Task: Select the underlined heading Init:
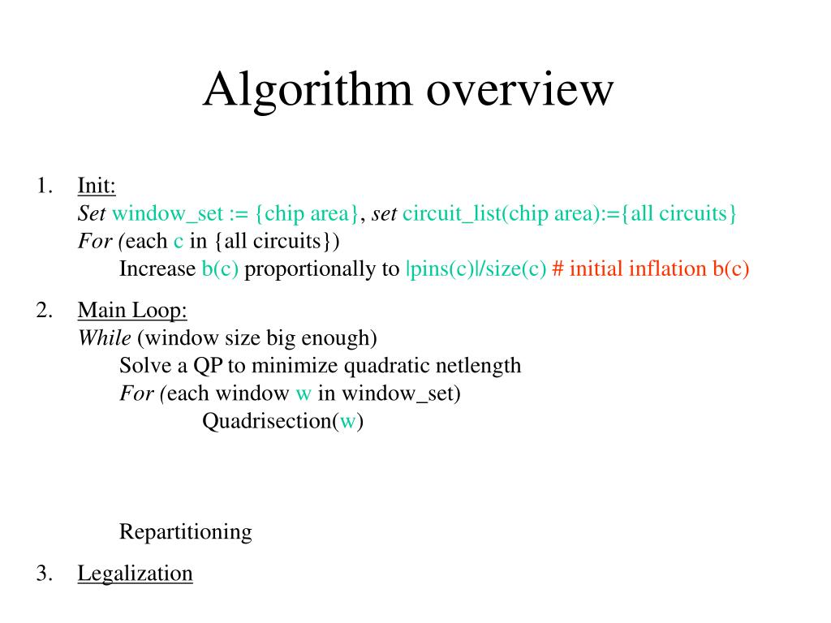[97, 186]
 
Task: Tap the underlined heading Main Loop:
[132, 310]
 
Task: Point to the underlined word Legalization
[135, 574]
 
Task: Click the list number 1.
[44, 186]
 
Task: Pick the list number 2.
[44, 310]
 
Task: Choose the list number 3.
[44, 574]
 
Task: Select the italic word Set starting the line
[92, 213]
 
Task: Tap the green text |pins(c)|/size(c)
[476, 269]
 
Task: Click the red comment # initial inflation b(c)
[650, 269]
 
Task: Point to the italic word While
[104, 337]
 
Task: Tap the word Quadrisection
[266, 422]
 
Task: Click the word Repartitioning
[185, 532]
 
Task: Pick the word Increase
[157, 269]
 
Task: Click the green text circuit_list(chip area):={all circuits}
[570, 213]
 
